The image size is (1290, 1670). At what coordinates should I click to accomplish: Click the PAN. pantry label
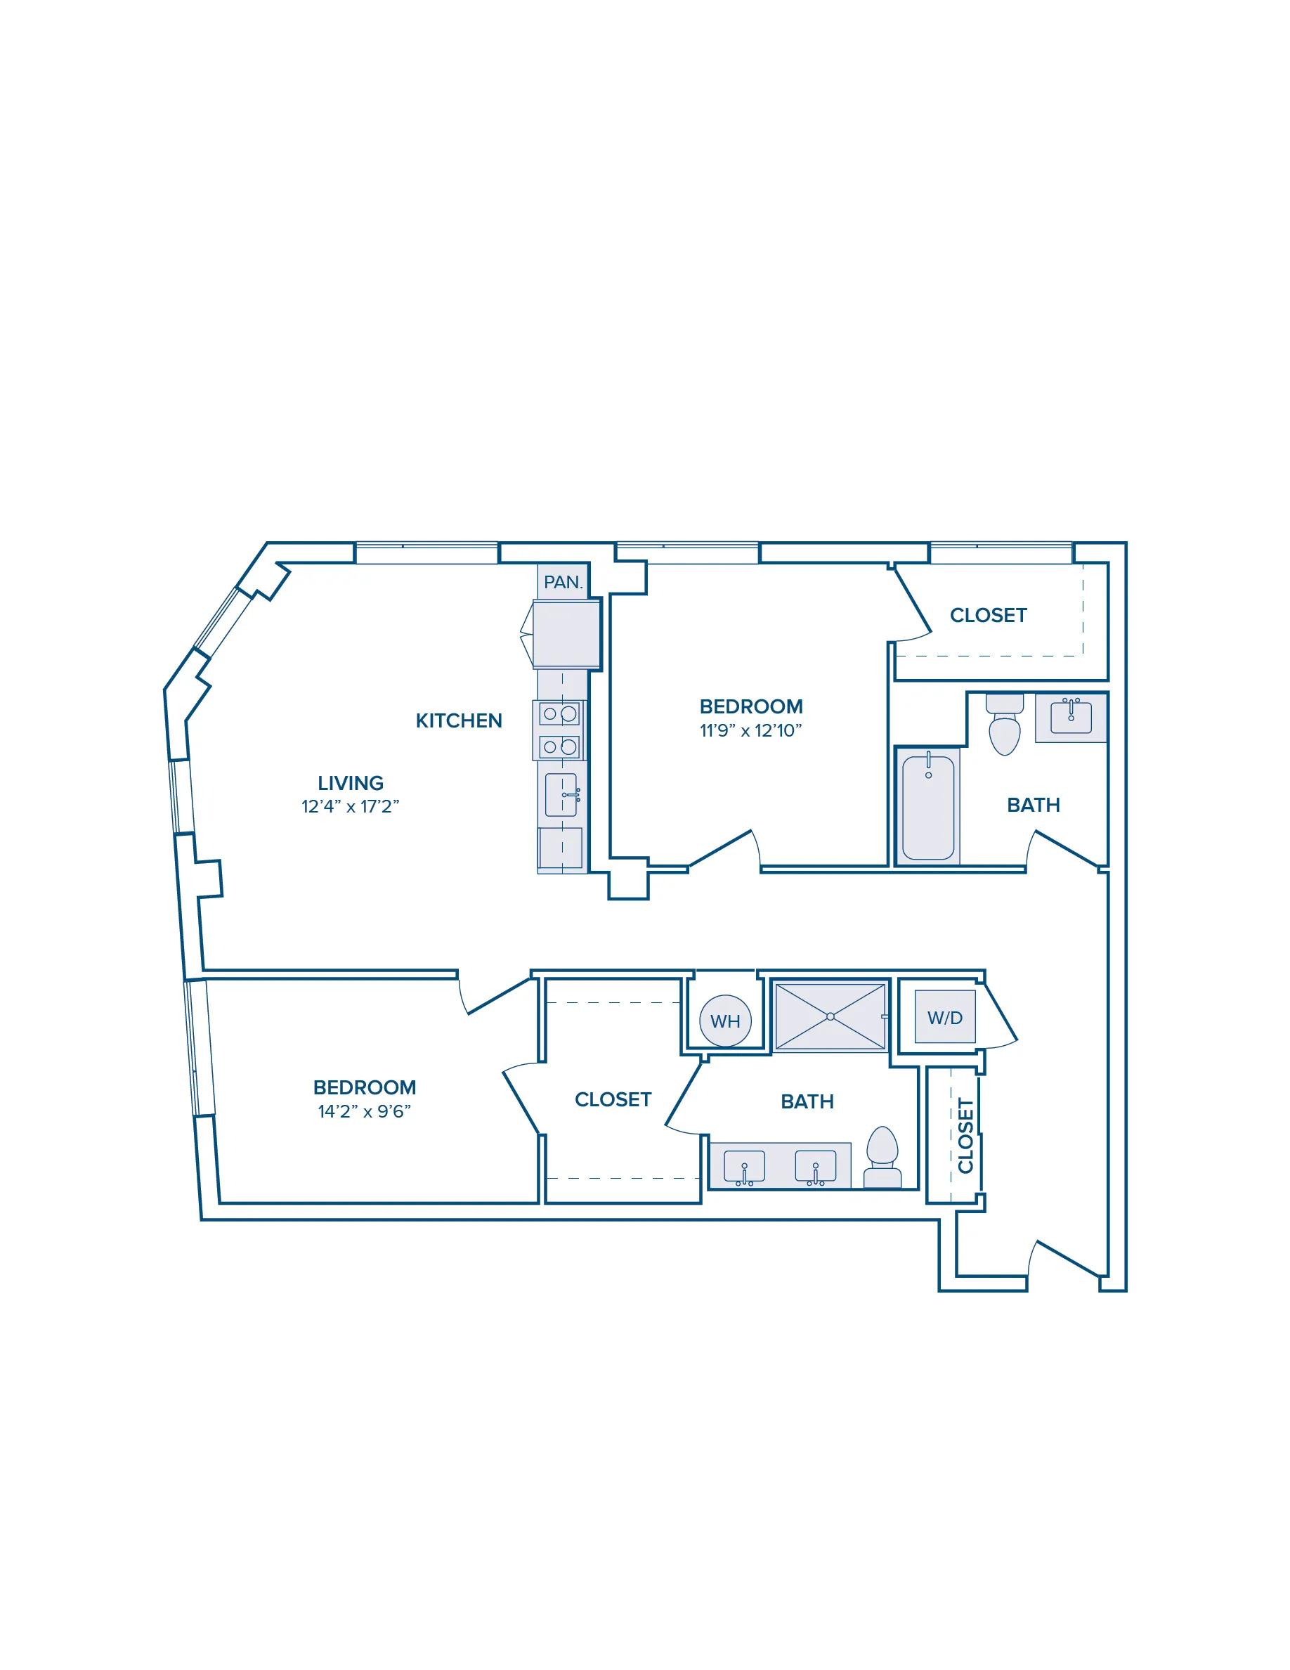tap(563, 582)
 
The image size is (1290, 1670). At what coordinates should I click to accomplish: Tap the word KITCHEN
tap(459, 720)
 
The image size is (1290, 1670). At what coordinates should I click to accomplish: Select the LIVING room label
tap(351, 783)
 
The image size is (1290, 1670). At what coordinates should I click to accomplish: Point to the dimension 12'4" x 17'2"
tap(351, 807)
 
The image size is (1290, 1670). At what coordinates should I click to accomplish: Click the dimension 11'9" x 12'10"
tap(751, 730)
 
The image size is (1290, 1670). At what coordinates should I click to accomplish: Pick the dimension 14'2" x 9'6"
tap(365, 1111)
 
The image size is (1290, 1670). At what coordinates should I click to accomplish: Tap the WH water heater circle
tap(725, 1020)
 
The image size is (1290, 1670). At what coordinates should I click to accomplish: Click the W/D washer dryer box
tap(945, 1017)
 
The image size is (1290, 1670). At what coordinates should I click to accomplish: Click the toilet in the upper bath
tap(1005, 723)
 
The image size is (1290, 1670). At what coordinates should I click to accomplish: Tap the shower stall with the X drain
tap(830, 1016)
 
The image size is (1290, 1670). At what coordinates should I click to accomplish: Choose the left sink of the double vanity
tap(744, 1167)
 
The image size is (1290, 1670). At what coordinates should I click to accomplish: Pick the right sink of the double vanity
tap(816, 1167)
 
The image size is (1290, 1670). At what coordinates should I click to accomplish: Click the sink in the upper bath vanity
tap(1071, 716)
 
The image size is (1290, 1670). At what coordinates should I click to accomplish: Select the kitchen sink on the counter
tap(561, 794)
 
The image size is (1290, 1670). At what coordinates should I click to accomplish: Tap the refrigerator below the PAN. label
tap(566, 635)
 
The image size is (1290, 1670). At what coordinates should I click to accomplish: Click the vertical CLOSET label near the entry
tap(966, 1136)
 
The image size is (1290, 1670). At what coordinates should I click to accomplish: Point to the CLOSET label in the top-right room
tap(988, 616)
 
